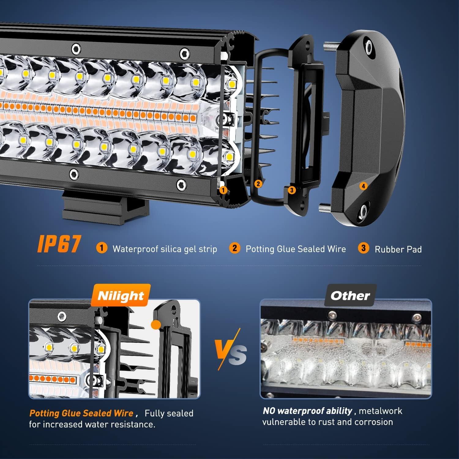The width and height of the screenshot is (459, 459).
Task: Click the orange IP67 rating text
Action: pos(59,244)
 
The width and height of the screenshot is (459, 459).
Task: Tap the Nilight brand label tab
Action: pos(121,296)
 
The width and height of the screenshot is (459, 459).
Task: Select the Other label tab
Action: pos(350,296)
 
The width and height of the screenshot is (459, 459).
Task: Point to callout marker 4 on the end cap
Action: pos(363,186)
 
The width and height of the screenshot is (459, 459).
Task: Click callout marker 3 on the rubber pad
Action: pos(292,190)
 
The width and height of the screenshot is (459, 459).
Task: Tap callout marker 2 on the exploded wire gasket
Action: pos(258,184)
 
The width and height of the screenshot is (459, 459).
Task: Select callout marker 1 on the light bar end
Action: pos(223,190)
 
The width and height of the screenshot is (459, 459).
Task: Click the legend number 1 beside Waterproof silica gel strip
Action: pos(102,248)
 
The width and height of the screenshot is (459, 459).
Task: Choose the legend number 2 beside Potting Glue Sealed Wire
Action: pos(234,248)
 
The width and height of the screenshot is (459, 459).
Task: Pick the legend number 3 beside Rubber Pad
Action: pos(363,248)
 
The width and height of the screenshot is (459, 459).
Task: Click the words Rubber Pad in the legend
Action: pos(398,249)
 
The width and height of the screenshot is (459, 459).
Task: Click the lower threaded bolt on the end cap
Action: pos(325,208)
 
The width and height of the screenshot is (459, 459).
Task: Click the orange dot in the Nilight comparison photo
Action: pos(156,324)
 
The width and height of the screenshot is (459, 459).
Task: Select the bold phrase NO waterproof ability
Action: pos(308,411)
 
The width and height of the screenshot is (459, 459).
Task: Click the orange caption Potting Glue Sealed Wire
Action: pos(81,413)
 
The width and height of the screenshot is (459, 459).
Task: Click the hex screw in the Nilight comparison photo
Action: pos(62,315)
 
